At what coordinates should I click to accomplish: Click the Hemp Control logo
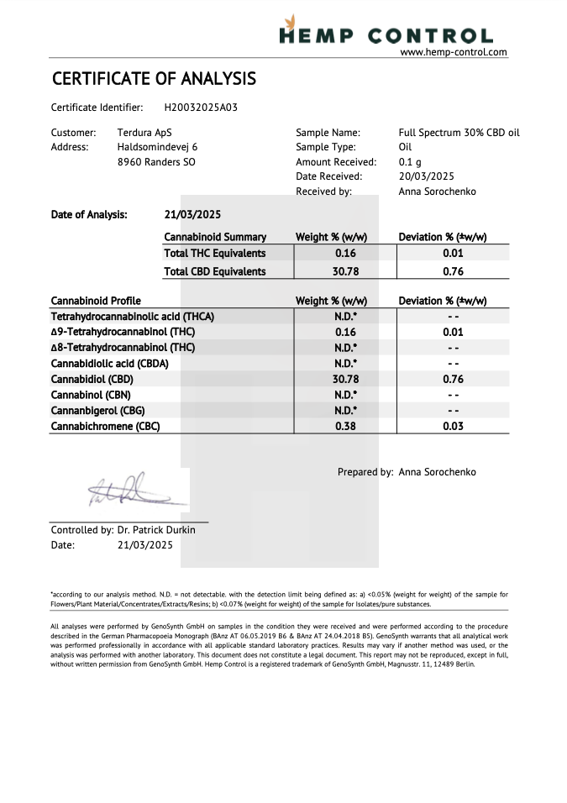386,31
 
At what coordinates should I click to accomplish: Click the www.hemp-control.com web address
454,52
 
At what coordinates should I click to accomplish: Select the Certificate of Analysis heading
154,79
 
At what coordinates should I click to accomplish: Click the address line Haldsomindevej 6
157,147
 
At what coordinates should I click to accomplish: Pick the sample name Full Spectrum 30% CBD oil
459,133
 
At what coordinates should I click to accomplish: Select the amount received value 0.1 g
410,162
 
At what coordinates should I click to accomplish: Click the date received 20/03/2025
426,176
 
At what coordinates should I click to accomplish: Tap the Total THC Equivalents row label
214,253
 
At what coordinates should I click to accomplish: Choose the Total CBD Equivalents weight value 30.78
346,271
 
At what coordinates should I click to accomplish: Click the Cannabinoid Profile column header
96,301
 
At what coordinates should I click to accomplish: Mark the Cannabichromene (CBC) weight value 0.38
346,426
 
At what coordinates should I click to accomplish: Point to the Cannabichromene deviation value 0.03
453,426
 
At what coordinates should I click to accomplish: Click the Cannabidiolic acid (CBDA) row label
109,364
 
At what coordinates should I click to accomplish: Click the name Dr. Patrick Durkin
156,530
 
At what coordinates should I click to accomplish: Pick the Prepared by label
365,472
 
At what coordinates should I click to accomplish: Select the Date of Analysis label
89,214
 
